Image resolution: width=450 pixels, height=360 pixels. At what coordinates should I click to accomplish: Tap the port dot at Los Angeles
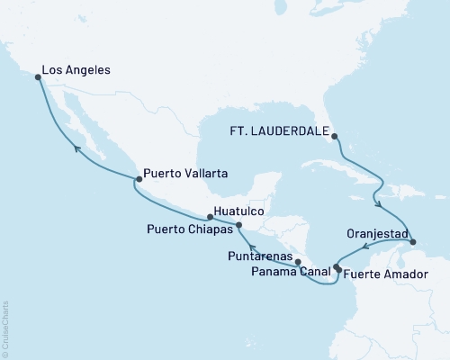[x=38, y=77]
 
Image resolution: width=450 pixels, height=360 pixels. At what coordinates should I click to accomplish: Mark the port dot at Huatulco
[x=210, y=217]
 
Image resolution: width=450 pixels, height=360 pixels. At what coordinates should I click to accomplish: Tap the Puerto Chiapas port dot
[x=238, y=225]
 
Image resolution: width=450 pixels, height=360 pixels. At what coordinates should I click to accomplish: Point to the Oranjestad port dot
[x=412, y=242]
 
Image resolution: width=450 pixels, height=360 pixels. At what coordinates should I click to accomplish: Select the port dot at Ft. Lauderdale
[x=335, y=137]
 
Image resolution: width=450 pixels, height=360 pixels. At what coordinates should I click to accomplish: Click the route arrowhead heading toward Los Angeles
[x=76, y=149]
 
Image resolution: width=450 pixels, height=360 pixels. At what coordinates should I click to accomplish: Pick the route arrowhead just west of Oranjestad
[x=366, y=247]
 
